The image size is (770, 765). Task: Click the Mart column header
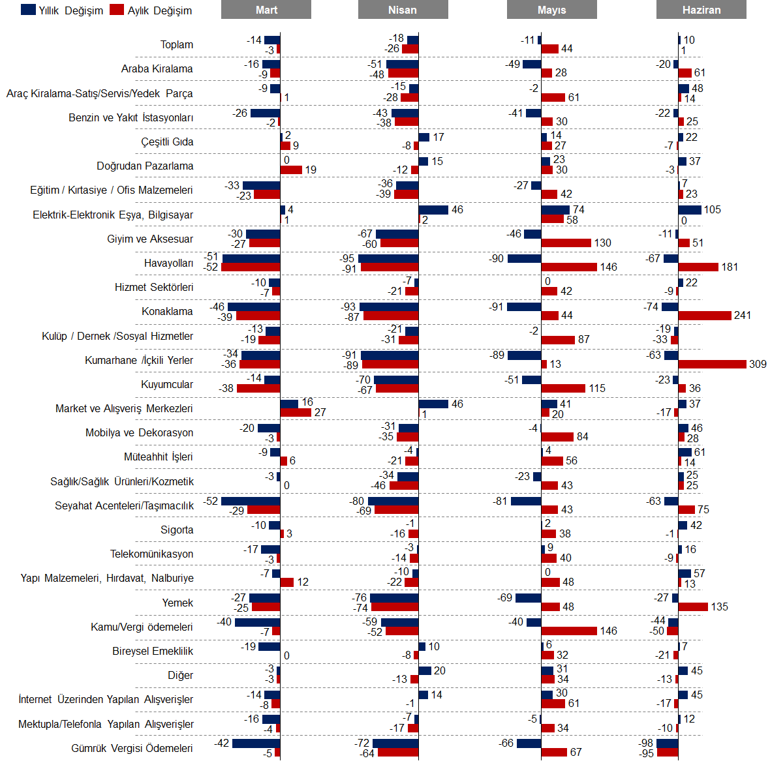point(266,10)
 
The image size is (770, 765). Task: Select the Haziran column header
point(701,10)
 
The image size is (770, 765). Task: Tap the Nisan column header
point(403,10)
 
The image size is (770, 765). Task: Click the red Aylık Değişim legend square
point(117,10)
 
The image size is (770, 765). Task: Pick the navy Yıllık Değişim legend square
point(28,10)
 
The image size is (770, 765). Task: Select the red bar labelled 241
point(705,316)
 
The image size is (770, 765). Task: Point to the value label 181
point(730,267)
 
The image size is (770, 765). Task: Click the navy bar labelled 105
point(690,210)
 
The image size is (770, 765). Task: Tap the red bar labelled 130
point(566,243)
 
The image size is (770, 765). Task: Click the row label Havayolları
point(168,263)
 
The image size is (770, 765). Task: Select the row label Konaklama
point(167,312)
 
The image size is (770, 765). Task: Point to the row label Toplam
point(177,44)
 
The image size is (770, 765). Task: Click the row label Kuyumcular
point(167,384)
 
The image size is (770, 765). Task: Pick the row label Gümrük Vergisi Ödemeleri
point(132,748)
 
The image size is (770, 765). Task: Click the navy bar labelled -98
point(668,743)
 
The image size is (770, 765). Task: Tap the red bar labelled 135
point(693,607)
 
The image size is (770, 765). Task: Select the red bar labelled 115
point(563,388)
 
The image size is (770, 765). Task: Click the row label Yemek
point(177,603)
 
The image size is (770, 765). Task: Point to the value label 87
point(583,340)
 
